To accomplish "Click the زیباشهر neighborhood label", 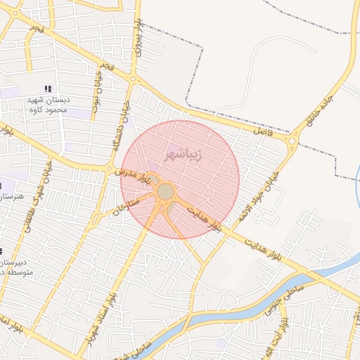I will (184, 154).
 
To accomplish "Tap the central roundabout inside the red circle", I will (165, 191).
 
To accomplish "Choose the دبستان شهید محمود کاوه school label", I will (46, 105).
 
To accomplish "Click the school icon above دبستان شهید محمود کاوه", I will (48, 89).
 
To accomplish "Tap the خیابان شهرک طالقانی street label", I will (29, 208).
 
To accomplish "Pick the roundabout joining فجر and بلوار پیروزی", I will (133, 79).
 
